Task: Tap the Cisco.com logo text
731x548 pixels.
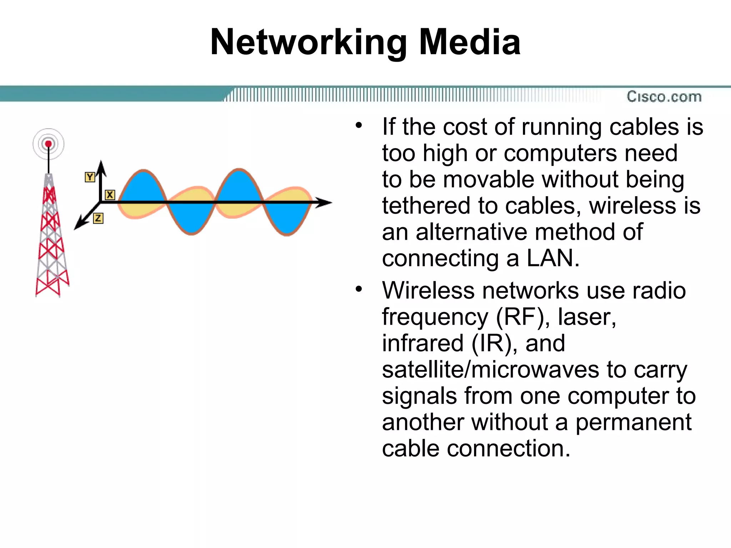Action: [x=664, y=97]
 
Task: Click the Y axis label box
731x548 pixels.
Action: [x=90, y=177]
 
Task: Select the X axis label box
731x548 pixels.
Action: [x=110, y=195]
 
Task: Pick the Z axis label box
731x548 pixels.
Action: [x=98, y=218]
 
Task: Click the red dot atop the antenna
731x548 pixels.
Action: [x=48, y=144]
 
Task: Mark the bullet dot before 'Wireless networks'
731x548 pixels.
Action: [x=359, y=289]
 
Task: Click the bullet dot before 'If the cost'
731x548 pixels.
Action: [x=359, y=125]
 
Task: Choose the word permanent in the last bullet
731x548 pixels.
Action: [x=634, y=422]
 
